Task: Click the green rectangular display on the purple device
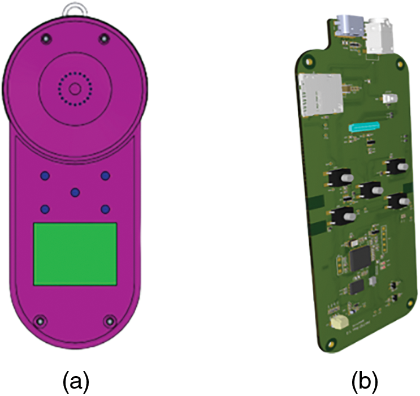tap(75, 254)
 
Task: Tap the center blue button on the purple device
tap(75, 192)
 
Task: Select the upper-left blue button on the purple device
tap(45, 176)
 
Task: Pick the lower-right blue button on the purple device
tap(105, 209)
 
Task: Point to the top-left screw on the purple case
tap(46, 39)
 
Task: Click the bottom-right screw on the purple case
tap(110, 321)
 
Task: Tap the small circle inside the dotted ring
tap(75, 89)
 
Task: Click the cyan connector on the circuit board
tap(364, 126)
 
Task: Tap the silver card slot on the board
tap(321, 95)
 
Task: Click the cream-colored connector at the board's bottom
tap(339, 321)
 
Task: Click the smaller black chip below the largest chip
tap(357, 287)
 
